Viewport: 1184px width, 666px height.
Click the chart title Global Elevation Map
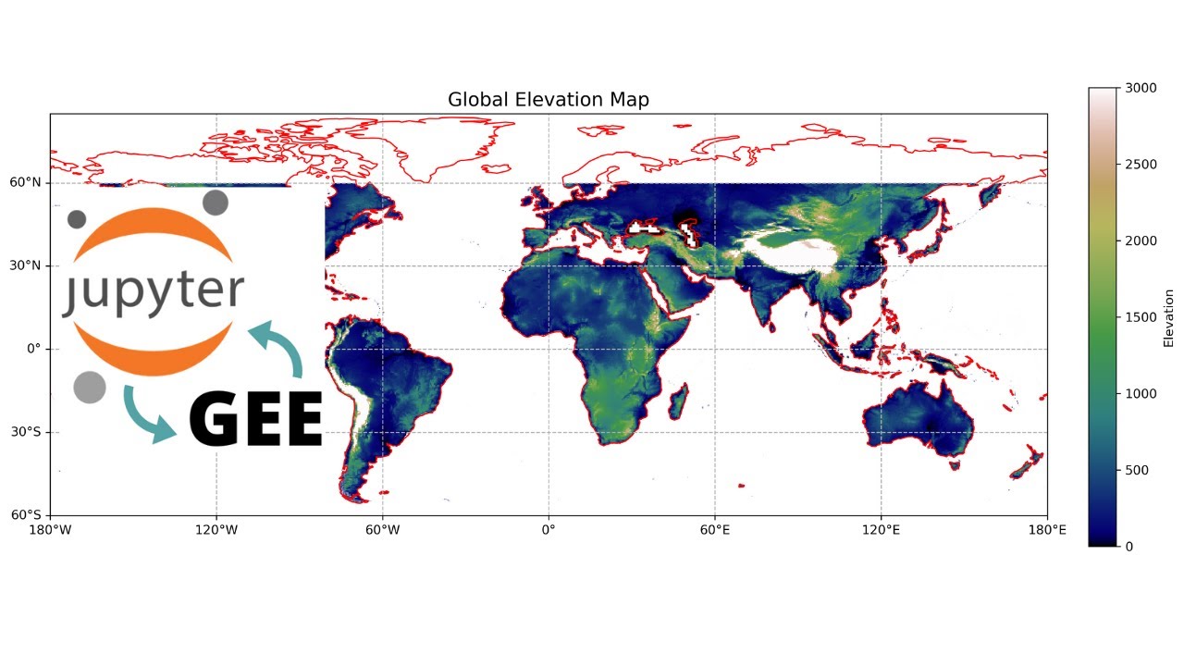pos(548,100)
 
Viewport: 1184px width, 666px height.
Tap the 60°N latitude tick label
pos(26,183)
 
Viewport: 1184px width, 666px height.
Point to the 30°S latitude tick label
pos(27,432)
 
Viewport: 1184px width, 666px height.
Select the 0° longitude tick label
pos(549,530)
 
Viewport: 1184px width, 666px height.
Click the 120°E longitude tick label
pos(881,530)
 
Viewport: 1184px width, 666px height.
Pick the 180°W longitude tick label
pos(50,530)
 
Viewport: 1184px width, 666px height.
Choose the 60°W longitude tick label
pos(382,530)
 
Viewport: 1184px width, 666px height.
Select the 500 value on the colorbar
pos(1136,470)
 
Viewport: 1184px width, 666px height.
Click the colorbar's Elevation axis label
pos(1168,317)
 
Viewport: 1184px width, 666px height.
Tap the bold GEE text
pos(256,419)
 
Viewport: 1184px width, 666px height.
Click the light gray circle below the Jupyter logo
pos(90,387)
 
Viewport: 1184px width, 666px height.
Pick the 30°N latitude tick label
pos(26,266)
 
